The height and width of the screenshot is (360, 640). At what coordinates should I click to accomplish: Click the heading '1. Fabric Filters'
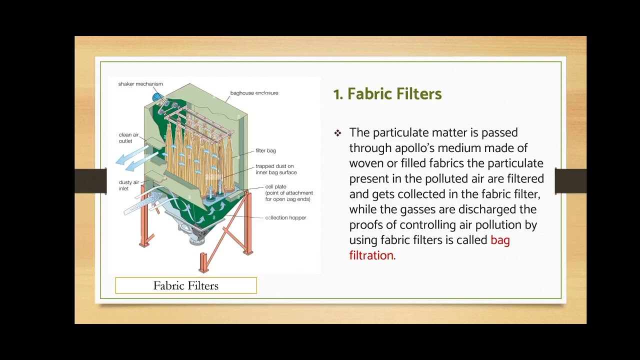pos(387,94)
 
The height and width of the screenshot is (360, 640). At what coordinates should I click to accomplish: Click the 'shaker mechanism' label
pos(140,84)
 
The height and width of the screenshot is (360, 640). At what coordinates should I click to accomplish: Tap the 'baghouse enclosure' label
pos(254,93)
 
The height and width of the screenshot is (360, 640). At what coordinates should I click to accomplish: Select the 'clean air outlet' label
pos(128,138)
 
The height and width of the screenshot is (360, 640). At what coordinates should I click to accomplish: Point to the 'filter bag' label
pos(265,150)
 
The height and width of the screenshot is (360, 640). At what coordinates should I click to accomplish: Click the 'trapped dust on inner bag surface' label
pos(276,169)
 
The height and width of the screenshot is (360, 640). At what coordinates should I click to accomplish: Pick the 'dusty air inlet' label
pos(128,185)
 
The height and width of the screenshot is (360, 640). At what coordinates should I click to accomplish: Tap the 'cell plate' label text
pos(276,187)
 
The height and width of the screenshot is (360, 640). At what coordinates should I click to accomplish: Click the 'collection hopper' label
pos(285,218)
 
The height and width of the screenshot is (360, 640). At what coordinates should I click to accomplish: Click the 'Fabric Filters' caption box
pos(186,285)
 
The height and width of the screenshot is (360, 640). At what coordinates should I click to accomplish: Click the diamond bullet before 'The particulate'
pos(338,133)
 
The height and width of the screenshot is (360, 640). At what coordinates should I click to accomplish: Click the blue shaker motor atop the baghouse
pos(157,96)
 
